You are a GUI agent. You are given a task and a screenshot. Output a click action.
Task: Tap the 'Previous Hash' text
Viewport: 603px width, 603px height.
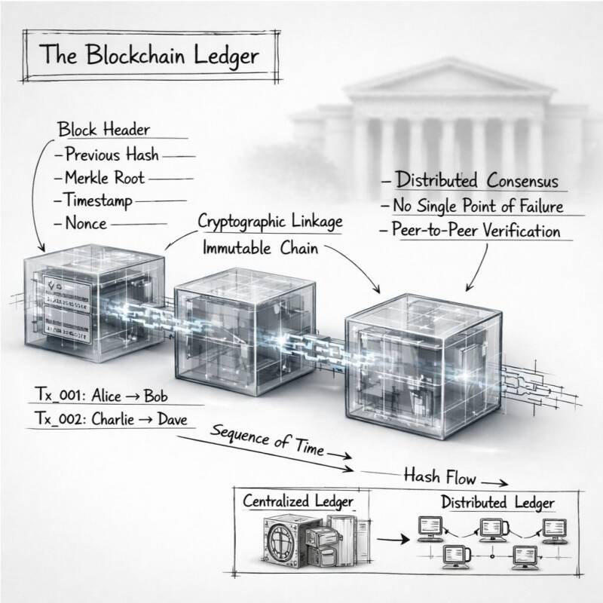[112, 155]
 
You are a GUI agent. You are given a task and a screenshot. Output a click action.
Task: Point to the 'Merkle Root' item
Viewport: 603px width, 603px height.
[105, 179]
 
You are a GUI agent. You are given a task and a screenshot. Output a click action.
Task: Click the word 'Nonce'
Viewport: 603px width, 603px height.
[86, 223]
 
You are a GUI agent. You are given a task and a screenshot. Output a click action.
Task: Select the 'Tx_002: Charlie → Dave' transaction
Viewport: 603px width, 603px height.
[112, 418]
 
